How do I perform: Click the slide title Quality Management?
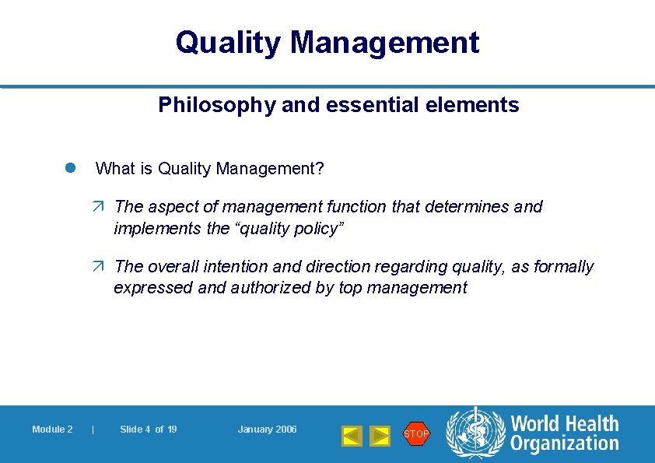pos(327,42)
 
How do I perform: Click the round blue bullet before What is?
pos(68,168)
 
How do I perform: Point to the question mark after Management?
pos(320,168)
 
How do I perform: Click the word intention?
pos(235,267)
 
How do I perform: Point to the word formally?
pos(563,267)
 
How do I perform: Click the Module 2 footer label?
pos(52,430)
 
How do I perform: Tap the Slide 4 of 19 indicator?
pos(148,430)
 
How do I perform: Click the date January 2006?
pos(267,430)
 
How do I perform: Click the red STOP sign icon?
pos(416,433)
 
